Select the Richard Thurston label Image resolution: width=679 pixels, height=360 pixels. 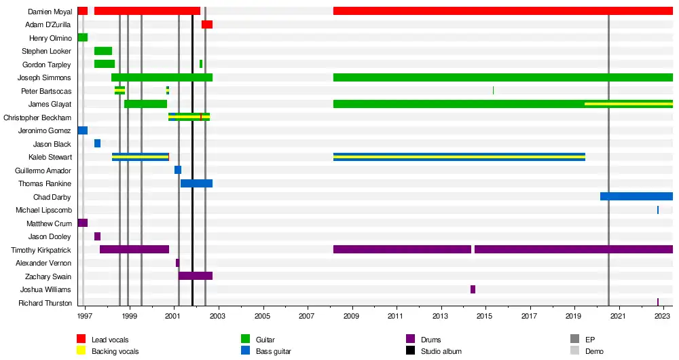click(45, 303)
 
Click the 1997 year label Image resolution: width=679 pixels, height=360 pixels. click(85, 316)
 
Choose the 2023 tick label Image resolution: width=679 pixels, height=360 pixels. click(663, 316)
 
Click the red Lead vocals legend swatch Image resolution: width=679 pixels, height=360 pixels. click(81, 340)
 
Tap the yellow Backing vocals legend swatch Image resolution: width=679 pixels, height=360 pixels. click(81, 351)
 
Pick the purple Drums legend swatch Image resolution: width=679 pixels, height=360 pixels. click(410, 340)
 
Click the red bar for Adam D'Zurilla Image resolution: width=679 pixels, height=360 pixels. click(207, 24)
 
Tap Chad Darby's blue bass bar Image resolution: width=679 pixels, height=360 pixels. click(636, 196)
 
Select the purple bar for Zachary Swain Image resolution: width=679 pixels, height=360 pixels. click(196, 276)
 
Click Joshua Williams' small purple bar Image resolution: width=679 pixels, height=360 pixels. click(473, 289)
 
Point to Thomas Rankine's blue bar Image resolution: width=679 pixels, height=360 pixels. click(196, 183)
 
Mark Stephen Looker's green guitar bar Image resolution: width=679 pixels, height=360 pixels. click(103, 51)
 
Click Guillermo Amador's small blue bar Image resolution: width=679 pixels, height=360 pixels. click(178, 170)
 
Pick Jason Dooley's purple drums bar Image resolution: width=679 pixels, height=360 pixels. click(97, 236)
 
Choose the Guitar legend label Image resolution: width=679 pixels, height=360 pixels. click(265, 340)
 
